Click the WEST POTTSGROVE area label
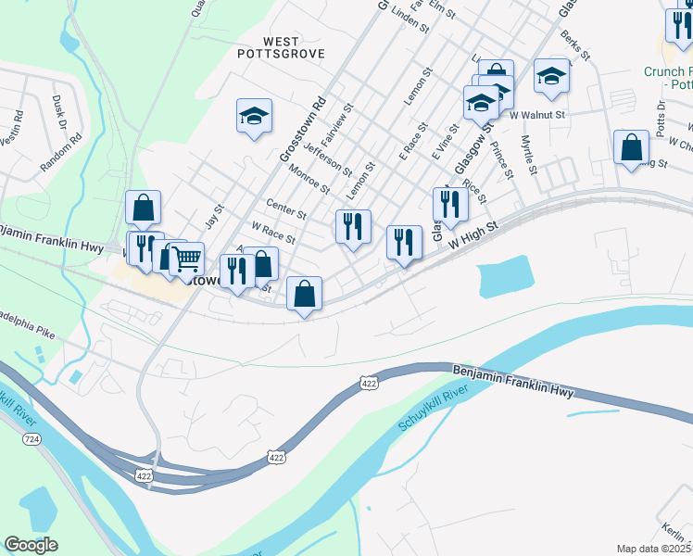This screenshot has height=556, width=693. [281, 47]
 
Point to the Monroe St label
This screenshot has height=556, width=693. [309, 176]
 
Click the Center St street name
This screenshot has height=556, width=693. [285, 208]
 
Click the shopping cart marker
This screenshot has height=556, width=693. [186, 259]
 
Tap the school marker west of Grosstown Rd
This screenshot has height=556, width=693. [254, 117]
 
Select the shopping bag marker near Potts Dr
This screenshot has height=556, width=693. [631, 148]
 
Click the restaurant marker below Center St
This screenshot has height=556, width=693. [352, 227]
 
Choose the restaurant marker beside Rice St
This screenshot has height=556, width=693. [449, 205]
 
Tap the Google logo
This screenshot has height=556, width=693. [31, 545]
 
